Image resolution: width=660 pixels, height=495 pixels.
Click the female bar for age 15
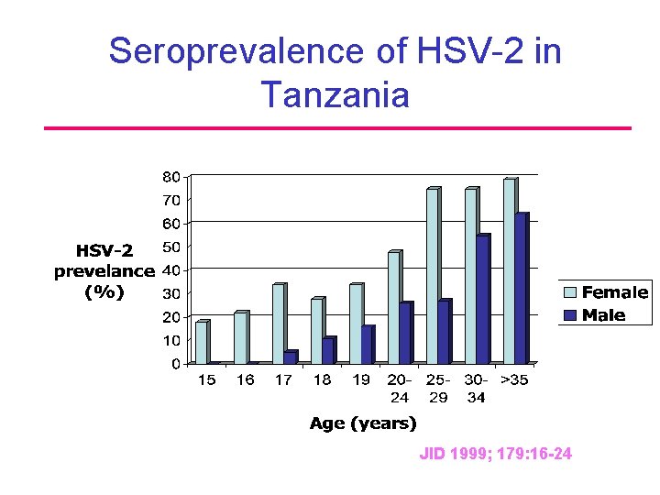pos(202,342)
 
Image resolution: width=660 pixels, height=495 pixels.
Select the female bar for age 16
pos(240,337)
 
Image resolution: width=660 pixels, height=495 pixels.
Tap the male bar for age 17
pos(291,357)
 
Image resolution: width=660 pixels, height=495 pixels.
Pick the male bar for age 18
pos(329,351)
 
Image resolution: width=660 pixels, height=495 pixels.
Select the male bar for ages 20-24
pos(406,333)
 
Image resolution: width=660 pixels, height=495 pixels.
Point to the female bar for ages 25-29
pos(433,276)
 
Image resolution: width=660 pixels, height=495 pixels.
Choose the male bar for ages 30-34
pos(483,300)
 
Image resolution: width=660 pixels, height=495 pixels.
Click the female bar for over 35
pos(510,271)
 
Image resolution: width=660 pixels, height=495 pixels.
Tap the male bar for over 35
pos(522,289)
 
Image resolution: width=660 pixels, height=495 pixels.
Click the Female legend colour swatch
pos(570,293)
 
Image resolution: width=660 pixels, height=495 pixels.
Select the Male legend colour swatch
pos(570,315)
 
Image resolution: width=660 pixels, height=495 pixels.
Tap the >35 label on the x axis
pos(514,380)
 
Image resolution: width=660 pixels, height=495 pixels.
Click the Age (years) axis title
pos(363,423)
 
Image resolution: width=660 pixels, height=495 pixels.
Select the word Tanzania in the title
pos(335,93)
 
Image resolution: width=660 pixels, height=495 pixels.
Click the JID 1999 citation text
pos(495,453)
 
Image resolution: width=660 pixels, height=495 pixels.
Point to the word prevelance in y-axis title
pos(104,271)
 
